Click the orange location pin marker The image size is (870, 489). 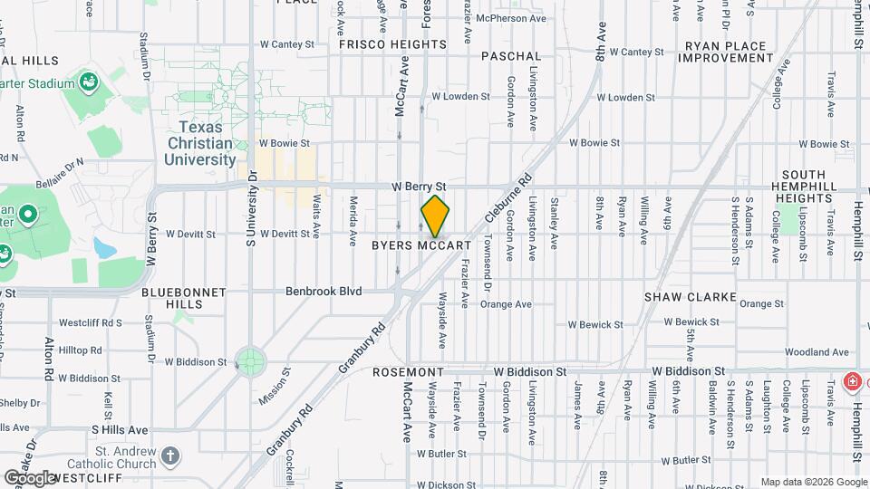coord(435,217)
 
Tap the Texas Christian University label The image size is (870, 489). coord(200,143)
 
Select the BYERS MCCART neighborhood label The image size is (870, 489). coord(421,245)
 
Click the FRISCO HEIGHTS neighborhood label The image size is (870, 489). coord(392,43)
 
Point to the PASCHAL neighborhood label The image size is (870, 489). coord(511,56)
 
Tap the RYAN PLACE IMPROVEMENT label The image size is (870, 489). coord(728,51)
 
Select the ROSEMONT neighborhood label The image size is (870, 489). coord(408,372)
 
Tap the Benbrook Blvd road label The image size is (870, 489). coord(324,292)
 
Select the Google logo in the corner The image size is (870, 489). coord(29,477)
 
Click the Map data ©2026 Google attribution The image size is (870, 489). coord(813,482)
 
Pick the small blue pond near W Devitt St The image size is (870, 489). coord(102,247)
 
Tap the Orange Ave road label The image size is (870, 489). coord(506,304)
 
